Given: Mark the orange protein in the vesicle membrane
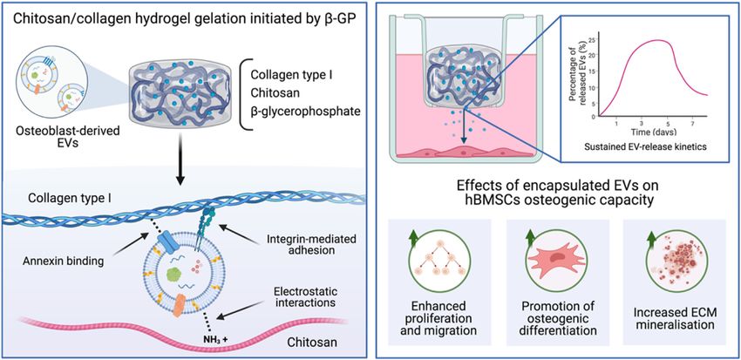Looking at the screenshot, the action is click(181, 306).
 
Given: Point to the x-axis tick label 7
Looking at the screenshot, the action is click(693, 123).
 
